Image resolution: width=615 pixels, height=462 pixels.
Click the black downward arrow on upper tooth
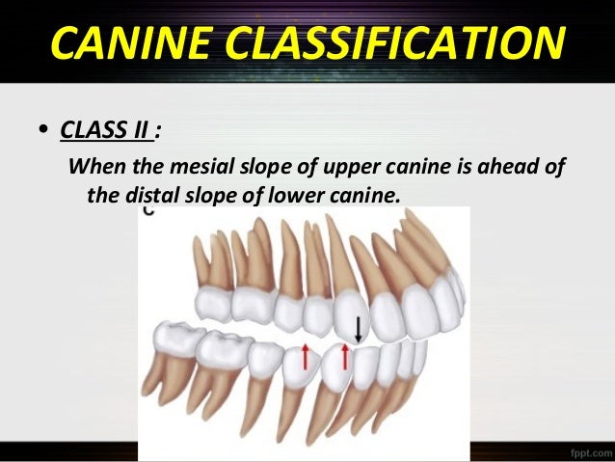click(x=359, y=329)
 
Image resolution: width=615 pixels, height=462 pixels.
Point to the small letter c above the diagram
click(x=147, y=216)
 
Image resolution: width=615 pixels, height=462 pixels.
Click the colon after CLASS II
click(x=157, y=129)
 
